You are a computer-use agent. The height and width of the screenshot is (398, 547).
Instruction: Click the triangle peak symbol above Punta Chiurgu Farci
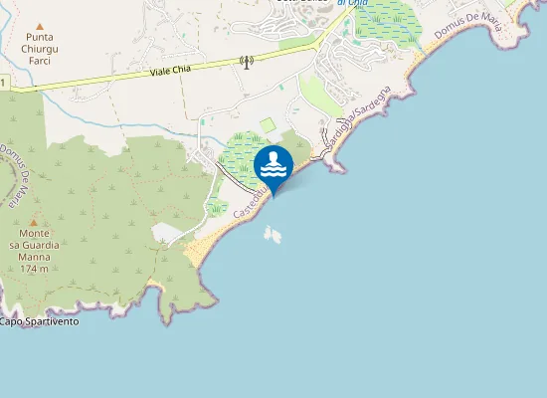(40, 26)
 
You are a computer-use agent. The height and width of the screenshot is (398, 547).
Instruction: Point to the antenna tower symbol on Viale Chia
(247, 63)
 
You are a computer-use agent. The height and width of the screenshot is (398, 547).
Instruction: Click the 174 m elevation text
(35, 269)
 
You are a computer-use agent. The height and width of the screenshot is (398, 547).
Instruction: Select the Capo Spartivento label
(40, 321)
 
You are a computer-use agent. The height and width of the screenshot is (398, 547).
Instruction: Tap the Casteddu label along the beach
(247, 204)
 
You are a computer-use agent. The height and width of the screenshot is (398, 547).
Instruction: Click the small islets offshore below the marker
(272, 234)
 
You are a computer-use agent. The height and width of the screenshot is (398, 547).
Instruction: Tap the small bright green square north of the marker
(266, 124)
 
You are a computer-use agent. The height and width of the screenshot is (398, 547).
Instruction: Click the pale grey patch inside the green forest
(166, 233)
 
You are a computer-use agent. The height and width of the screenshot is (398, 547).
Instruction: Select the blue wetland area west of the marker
(236, 159)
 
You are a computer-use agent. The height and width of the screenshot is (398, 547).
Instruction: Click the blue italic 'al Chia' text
(352, 4)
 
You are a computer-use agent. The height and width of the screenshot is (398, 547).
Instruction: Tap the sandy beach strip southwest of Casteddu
(207, 243)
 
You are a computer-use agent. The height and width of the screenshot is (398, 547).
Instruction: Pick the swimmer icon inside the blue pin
(273, 163)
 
